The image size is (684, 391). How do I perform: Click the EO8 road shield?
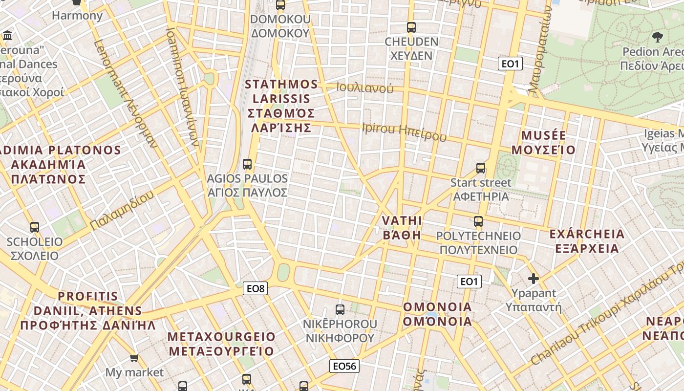[x=255, y=288]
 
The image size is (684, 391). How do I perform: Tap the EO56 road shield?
[x=344, y=366]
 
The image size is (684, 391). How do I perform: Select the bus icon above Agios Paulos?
[x=247, y=164]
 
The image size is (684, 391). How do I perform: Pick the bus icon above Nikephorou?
[x=340, y=309]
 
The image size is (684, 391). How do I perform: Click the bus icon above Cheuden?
[x=411, y=27]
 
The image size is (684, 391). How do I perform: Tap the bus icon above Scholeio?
[x=34, y=227]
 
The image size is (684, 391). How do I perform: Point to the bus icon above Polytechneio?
[x=478, y=221]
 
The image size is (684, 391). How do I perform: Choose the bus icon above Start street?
[x=481, y=168]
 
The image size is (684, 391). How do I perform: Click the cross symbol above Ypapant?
[x=534, y=279]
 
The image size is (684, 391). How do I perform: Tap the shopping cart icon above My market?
[x=134, y=358]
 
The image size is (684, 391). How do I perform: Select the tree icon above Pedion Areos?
[x=658, y=37]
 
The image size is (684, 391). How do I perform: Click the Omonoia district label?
[x=437, y=314]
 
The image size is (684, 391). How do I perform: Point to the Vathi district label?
[x=402, y=227]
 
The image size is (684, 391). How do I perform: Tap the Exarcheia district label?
[x=587, y=241]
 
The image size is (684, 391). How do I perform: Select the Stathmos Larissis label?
[x=281, y=106]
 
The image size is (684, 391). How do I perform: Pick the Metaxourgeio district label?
[x=221, y=344]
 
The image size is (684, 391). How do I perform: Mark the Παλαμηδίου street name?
[x=122, y=210]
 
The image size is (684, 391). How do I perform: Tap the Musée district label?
[x=548, y=142]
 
